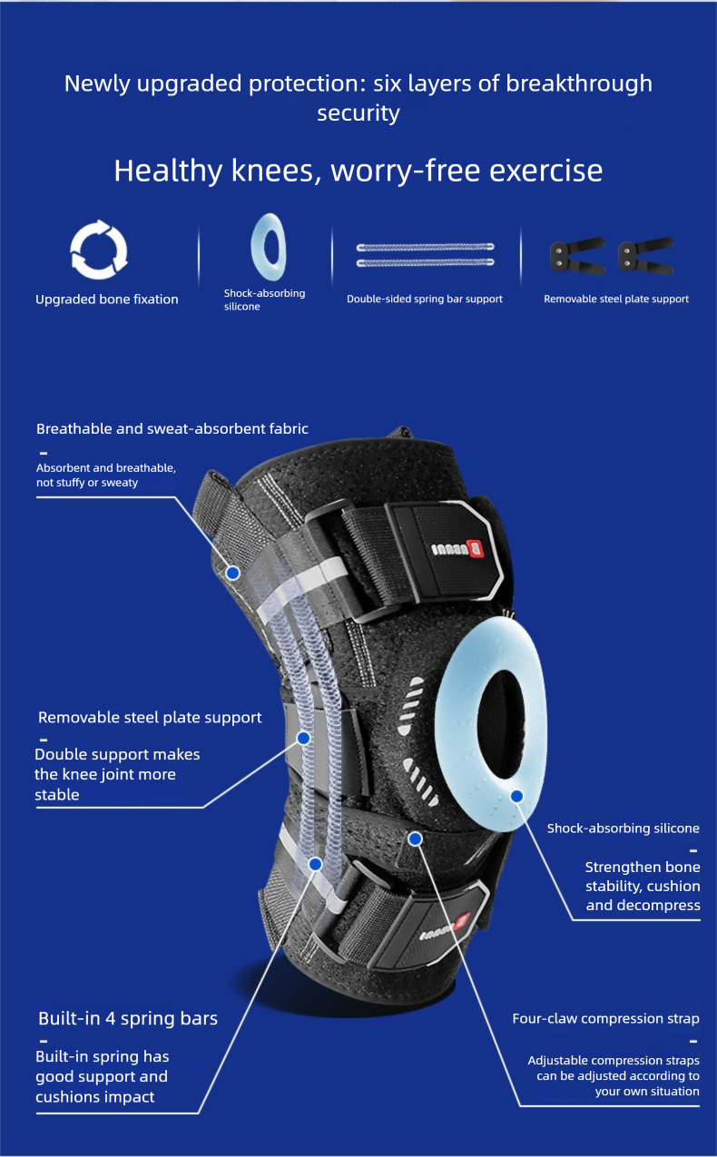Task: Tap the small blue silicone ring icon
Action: (269, 247)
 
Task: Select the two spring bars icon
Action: (425, 254)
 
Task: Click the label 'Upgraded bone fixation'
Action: (107, 299)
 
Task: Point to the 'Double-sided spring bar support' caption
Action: (425, 299)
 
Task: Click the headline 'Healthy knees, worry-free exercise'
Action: (358, 171)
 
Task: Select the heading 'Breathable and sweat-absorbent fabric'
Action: (172, 428)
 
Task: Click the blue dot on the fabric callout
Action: (232, 573)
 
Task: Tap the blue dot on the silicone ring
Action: (516, 796)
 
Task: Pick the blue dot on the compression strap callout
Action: (415, 838)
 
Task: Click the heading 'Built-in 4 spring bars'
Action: (128, 1018)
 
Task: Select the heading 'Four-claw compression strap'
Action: (605, 1018)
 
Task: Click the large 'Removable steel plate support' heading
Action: (150, 717)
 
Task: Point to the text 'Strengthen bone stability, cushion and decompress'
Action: (643, 886)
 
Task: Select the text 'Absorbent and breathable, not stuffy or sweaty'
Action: (106, 475)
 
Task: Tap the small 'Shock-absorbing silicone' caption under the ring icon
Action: (264, 299)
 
